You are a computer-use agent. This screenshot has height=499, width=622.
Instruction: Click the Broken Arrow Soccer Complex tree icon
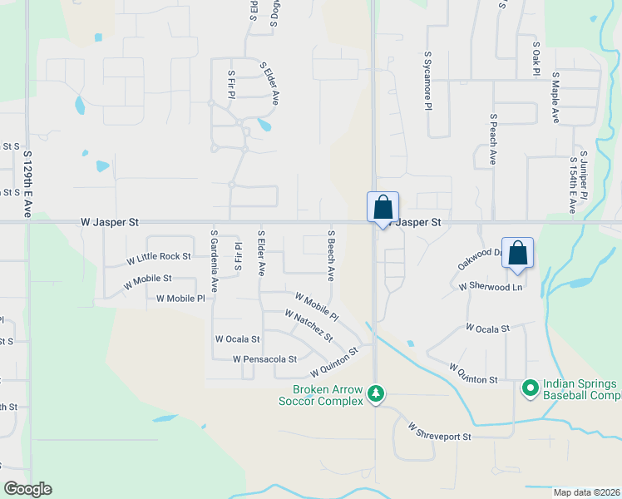376,392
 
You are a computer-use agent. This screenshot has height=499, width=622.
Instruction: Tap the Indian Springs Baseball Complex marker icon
530,388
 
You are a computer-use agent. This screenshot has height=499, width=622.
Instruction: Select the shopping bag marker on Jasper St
383,208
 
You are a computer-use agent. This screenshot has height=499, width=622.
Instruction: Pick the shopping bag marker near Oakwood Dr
517,253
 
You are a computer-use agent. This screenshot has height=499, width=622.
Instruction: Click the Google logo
27,489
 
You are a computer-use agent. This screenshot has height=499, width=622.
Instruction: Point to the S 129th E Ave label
27,185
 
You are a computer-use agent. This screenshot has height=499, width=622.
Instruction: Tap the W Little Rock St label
159,259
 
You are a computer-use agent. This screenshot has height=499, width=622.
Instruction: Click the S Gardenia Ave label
214,261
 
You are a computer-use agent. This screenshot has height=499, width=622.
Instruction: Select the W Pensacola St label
264,359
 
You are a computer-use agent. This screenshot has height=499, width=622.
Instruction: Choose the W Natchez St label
309,326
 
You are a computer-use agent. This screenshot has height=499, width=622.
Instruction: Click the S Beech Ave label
331,254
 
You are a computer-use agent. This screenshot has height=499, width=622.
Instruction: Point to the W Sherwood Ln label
491,286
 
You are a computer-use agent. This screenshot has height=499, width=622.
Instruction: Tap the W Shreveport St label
439,432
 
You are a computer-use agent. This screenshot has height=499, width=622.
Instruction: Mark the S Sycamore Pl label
427,80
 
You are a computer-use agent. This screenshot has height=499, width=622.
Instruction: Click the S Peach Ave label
493,139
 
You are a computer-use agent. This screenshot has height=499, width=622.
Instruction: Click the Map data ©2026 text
586,492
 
